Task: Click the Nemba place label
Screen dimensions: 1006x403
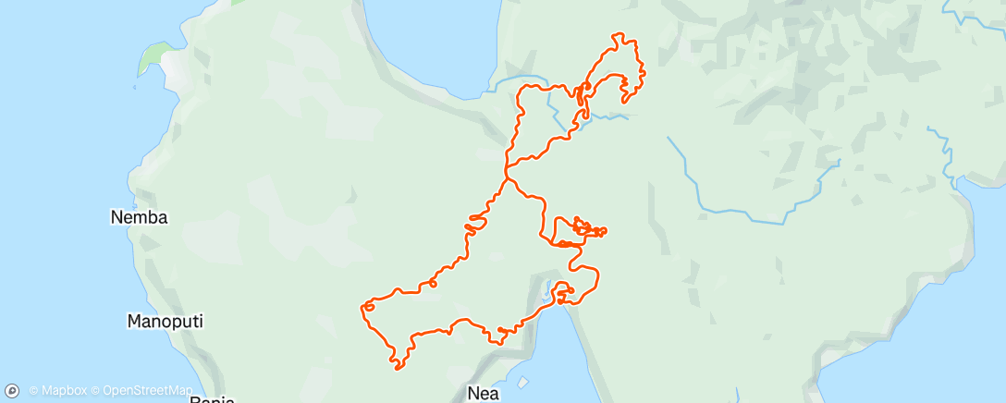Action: click(139, 218)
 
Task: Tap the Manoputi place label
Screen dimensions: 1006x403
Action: click(164, 322)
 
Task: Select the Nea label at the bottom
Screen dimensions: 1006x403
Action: click(484, 394)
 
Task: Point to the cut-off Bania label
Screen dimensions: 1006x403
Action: click(214, 399)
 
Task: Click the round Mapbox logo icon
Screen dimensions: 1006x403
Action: click(12, 391)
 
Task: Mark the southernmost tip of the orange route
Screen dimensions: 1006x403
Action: click(398, 369)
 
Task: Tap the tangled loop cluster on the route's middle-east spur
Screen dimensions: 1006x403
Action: click(583, 226)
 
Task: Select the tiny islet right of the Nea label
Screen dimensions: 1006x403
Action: click(523, 382)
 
